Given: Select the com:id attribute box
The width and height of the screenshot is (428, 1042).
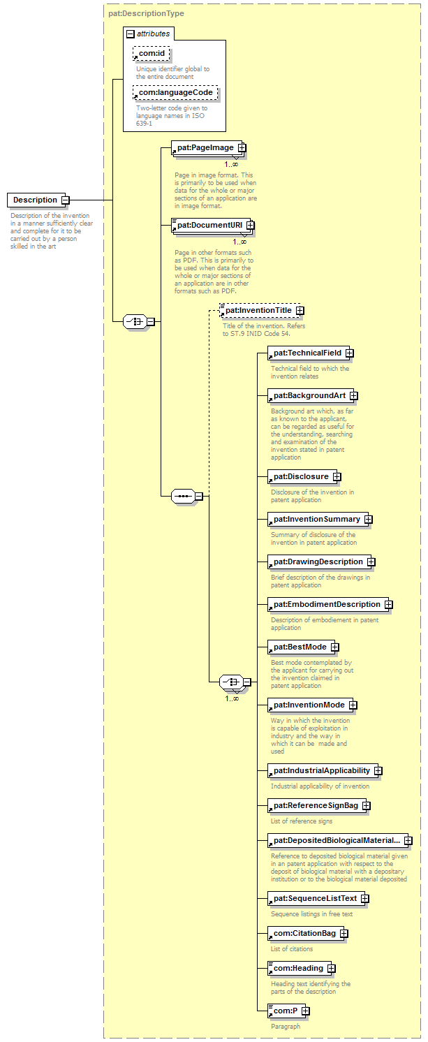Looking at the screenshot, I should pos(152,54).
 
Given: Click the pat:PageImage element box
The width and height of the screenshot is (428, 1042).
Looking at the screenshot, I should pos(204,147).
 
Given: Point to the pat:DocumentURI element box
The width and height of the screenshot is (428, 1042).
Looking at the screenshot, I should pos(208,225).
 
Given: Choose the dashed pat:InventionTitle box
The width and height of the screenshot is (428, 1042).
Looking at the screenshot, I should pos(258,310).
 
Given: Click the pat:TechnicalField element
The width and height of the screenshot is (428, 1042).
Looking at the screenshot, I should pos(307,353).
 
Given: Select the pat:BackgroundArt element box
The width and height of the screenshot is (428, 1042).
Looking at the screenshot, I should pos(308,395).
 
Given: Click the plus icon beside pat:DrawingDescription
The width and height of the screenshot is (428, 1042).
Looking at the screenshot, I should pos(371,562).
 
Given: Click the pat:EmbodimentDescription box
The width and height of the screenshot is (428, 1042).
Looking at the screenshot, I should pos(326,604).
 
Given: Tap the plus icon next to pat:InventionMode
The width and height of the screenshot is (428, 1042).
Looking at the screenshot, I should pos(353,705).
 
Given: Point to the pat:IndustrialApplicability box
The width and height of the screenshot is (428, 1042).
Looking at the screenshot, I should pos(320,770).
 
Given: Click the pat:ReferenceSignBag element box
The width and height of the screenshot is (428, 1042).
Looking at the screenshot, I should pos(315,805).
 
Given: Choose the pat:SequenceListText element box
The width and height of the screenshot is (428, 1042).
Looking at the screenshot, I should pos(314,897).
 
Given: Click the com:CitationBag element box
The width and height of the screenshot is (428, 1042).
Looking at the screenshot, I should pos(304,933).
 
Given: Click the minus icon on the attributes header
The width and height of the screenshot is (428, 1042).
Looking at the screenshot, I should pos(130,34).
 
